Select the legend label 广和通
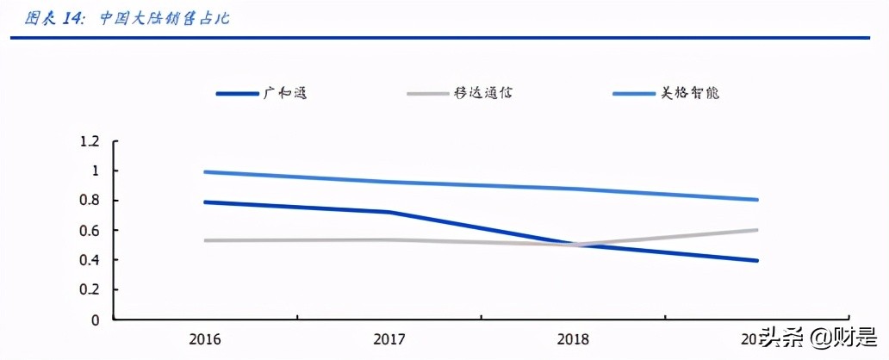click(284, 93)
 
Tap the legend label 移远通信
click(485, 93)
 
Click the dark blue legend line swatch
click(236, 93)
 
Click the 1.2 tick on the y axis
click(90, 141)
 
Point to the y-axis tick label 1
click(96, 171)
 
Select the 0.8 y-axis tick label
click(90, 201)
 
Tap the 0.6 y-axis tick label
click(90, 231)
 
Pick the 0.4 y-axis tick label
click(90, 260)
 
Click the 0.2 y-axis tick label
click(90, 290)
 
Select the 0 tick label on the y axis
click(96, 320)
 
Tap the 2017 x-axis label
click(389, 339)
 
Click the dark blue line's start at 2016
click(203, 202)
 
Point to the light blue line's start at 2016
click(203, 172)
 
